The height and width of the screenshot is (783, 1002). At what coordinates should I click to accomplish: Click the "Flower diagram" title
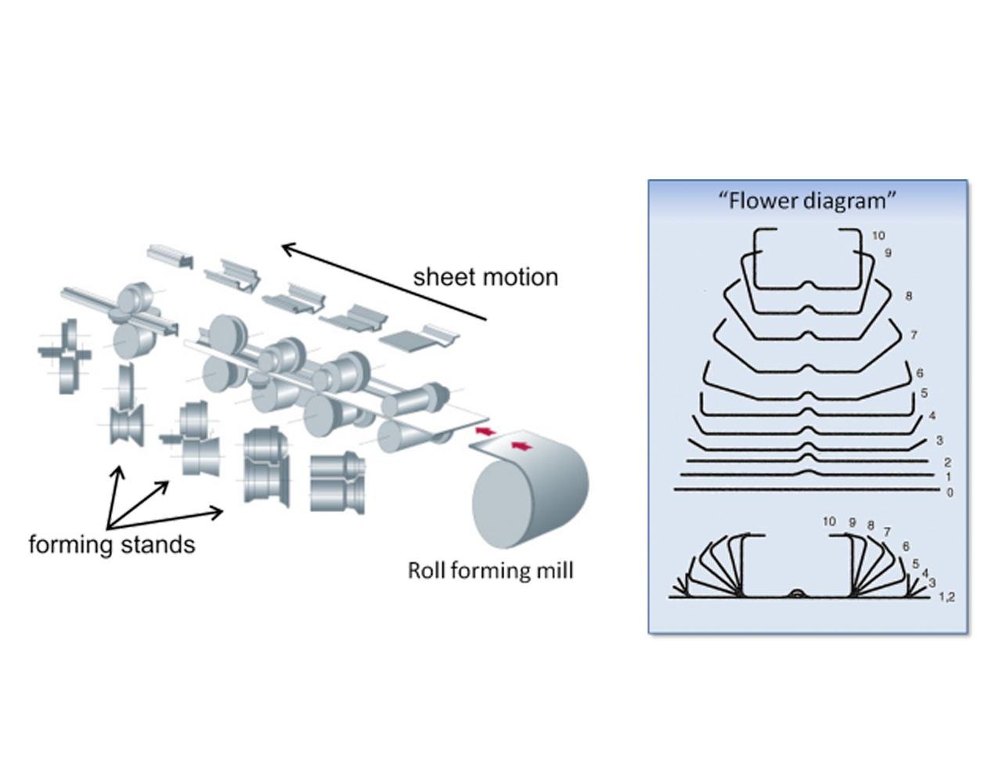tap(807, 201)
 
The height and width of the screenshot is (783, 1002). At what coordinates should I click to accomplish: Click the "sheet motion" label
tap(485, 277)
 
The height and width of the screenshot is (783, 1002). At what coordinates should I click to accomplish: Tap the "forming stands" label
tap(111, 543)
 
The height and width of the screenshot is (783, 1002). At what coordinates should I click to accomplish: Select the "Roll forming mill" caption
tap(490, 570)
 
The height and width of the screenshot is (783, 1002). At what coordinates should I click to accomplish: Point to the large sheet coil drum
tap(528, 493)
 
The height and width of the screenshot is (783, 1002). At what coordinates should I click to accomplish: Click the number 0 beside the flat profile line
tap(950, 493)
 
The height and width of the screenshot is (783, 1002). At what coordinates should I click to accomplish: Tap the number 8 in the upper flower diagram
tap(908, 296)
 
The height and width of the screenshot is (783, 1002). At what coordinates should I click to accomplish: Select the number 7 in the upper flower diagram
tap(914, 335)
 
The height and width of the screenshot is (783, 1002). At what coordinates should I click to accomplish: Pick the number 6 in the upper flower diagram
tap(919, 373)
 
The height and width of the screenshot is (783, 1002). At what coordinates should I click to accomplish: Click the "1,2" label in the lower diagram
tap(946, 597)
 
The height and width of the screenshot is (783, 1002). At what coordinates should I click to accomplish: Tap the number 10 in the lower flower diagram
tap(829, 521)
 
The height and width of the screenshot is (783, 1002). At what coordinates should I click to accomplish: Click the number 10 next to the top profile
tap(878, 235)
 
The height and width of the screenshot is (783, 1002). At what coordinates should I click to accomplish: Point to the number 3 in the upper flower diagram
tap(939, 441)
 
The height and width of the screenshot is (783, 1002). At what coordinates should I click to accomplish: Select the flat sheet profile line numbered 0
tap(806, 490)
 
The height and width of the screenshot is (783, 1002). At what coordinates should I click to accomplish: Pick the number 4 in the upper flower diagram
tap(932, 416)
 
